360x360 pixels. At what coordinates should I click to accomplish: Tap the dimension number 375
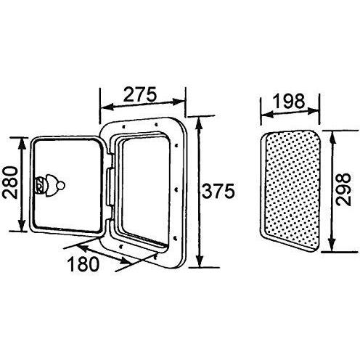[x=218, y=191]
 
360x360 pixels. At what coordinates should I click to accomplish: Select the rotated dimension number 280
[x=11, y=183]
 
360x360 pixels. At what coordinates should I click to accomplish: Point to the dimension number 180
[x=83, y=263]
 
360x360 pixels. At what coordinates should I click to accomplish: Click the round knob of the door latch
[x=62, y=186]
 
